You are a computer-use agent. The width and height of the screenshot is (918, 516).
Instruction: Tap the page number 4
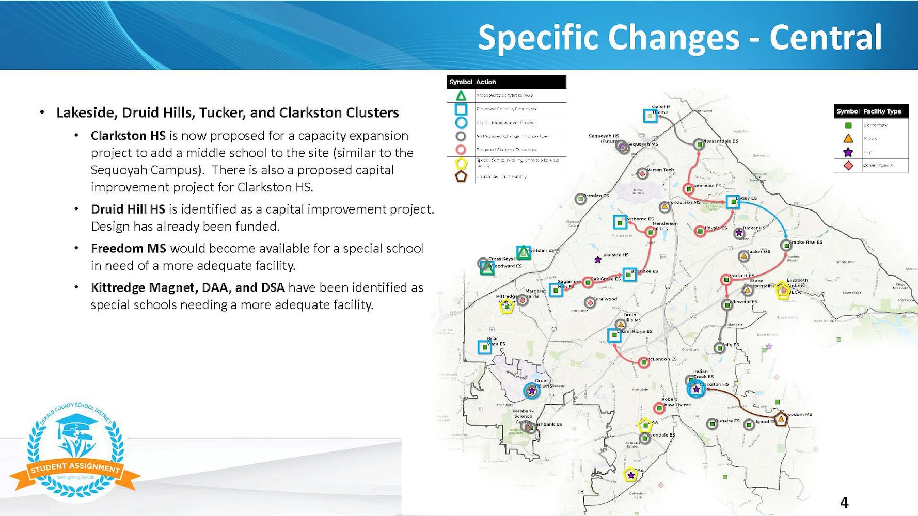[844, 502]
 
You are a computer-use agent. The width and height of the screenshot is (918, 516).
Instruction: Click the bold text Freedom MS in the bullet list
[128, 248]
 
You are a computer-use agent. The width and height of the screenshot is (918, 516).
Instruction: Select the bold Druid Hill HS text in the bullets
[128, 209]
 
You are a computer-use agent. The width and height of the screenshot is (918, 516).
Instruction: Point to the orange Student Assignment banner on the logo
[75, 469]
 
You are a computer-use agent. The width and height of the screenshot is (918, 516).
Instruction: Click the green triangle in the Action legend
[461, 95]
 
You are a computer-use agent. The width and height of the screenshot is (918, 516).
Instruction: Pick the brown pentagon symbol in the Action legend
[461, 176]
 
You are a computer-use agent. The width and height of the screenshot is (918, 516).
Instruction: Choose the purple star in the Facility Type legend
[848, 152]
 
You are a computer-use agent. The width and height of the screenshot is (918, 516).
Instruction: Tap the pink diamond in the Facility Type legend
[848, 166]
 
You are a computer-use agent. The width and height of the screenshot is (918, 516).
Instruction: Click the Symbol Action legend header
[506, 82]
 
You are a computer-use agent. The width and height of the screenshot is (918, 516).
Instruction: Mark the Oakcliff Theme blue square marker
[650, 116]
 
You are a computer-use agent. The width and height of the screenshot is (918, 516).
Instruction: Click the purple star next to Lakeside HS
[597, 260]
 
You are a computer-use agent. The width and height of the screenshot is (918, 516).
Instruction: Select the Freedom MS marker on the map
[781, 420]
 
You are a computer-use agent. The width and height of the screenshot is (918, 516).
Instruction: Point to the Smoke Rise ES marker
[786, 245]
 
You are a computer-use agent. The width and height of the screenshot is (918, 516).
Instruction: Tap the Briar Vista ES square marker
[484, 347]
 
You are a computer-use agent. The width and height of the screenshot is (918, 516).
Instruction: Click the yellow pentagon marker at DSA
[630, 475]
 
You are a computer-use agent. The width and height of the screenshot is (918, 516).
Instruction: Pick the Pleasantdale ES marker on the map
[699, 144]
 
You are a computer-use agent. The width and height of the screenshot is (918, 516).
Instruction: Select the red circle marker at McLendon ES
[643, 362]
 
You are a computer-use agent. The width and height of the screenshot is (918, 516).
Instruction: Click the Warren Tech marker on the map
[642, 173]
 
